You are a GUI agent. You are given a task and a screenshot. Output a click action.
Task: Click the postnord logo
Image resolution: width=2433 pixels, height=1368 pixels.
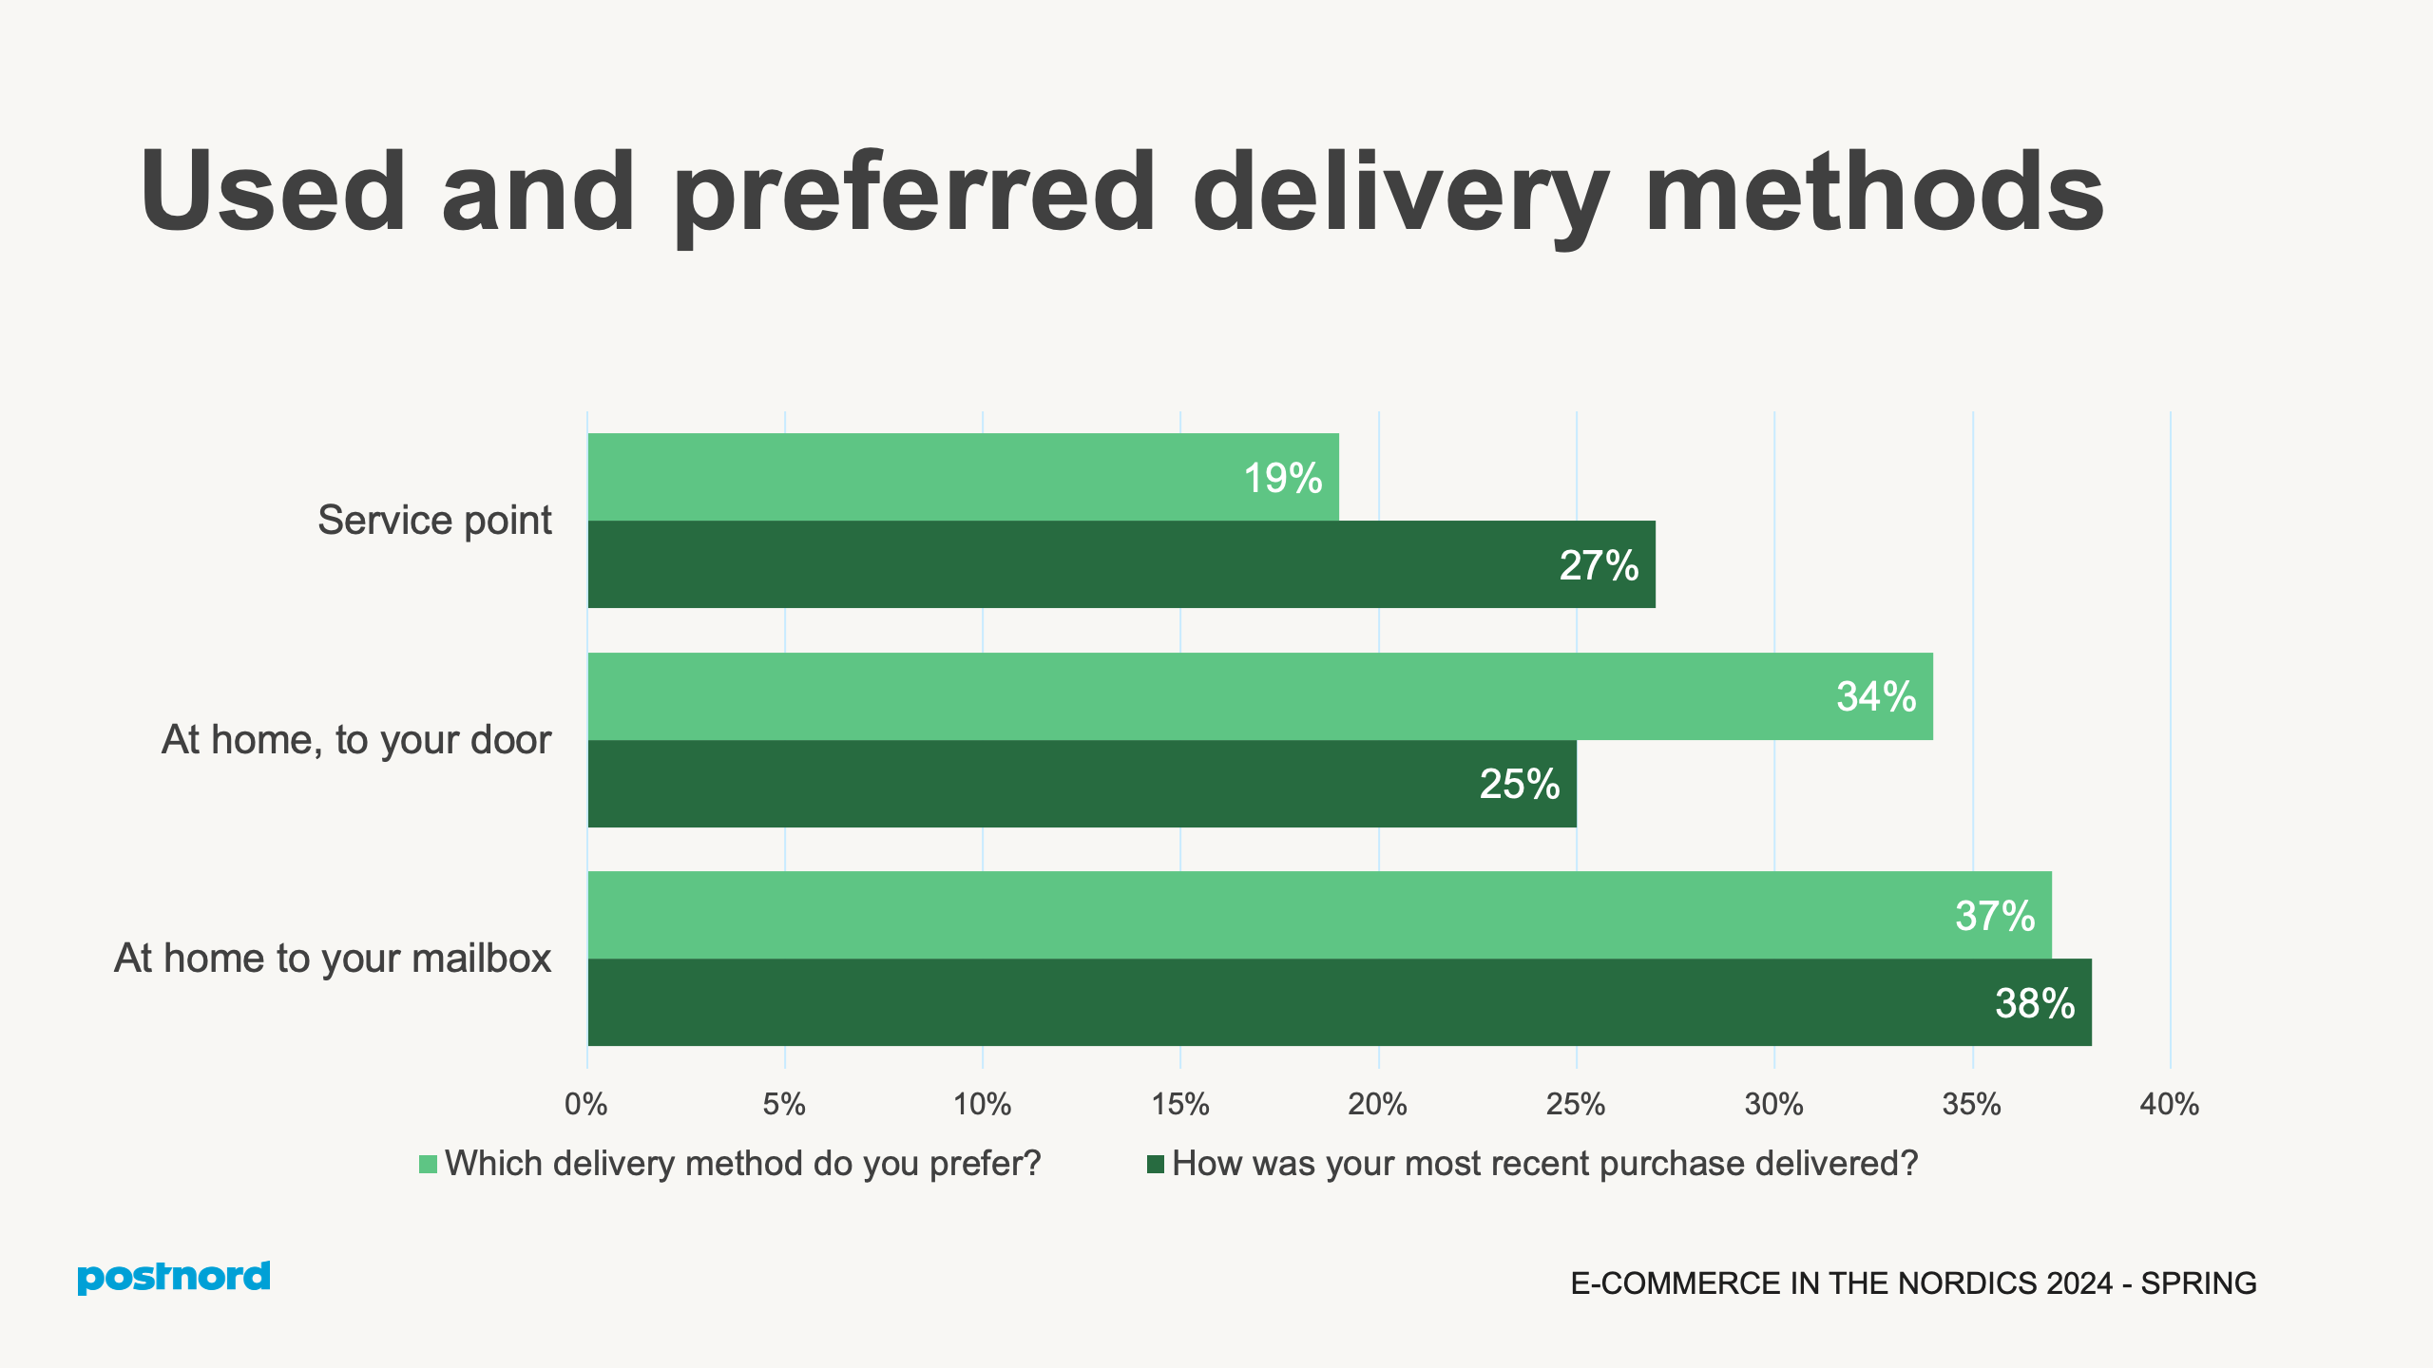point(174,1277)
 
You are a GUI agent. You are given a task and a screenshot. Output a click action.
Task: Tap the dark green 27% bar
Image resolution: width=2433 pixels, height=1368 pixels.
point(1121,564)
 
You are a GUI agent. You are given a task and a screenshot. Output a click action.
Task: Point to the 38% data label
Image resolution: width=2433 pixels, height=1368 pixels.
point(2034,1003)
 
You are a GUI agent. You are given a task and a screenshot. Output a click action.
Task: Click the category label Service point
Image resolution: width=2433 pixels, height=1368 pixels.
point(434,521)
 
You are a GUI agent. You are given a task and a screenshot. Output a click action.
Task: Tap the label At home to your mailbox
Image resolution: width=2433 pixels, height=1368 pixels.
point(333,959)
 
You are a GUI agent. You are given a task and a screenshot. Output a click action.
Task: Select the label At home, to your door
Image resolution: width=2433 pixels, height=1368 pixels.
point(355,740)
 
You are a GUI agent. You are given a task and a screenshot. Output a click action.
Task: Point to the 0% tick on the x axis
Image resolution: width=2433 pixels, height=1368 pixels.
point(585,1104)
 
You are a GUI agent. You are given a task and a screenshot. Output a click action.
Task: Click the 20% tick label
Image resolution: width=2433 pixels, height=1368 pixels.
point(1377,1104)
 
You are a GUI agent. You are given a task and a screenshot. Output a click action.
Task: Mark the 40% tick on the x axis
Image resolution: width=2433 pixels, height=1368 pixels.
point(2169,1104)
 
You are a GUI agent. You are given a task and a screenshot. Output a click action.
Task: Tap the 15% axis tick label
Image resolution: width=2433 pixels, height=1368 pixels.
point(1179,1104)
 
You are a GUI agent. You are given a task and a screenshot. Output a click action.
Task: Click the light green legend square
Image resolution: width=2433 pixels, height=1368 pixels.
point(428,1164)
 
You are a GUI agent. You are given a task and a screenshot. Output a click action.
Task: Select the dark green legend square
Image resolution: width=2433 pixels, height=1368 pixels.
point(1156,1164)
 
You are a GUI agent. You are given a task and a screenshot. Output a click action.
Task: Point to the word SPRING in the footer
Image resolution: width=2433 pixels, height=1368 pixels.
point(2198,1283)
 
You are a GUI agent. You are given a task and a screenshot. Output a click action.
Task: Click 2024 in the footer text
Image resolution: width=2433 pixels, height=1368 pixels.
point(2079,1283)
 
